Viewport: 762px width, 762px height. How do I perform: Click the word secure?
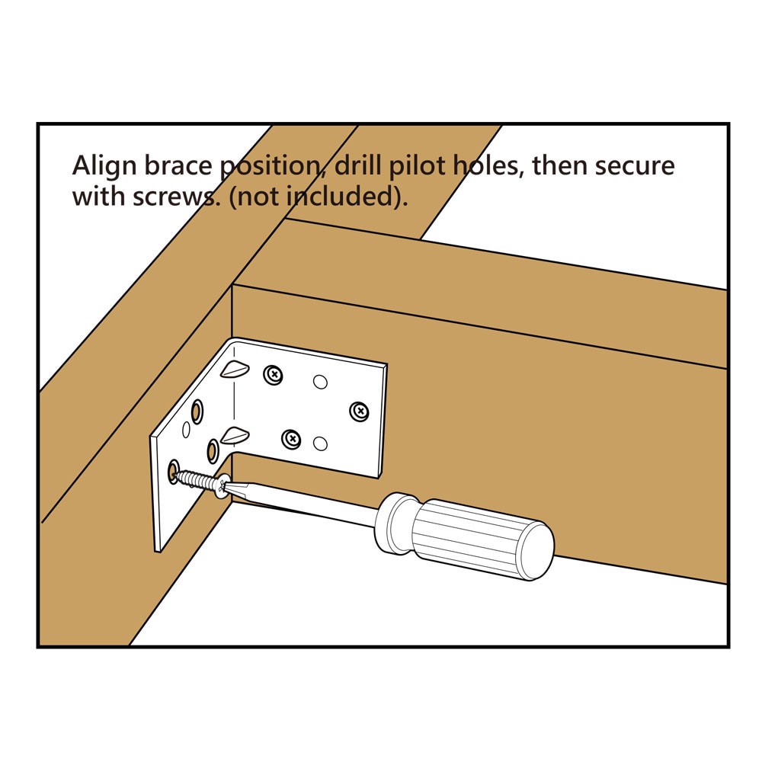tap(636, 166)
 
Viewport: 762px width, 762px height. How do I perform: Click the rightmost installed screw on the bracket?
tap(358, 411)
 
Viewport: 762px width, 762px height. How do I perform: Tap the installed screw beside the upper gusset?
tap(273, 374)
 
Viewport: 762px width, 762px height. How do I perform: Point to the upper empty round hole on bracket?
tap(320, 380)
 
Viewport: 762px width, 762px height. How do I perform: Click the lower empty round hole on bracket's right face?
tap(320, 443)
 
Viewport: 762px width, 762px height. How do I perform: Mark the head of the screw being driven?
tap(222, 486)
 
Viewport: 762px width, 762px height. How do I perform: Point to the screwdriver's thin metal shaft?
tap(305, 502)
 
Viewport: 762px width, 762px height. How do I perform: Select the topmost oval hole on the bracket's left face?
tap(197, 412)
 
